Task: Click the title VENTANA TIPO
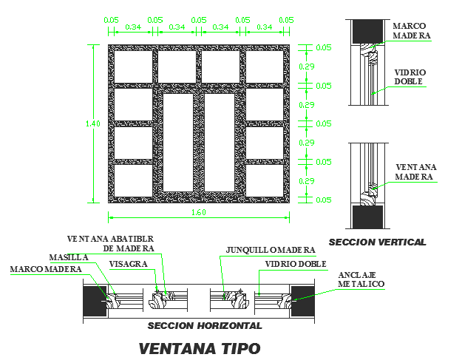coord(200,347)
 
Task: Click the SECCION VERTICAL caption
coord(377,242)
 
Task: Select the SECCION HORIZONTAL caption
coord(205,325)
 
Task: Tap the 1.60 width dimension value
coord(199,213)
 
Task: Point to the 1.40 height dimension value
coord(94,124)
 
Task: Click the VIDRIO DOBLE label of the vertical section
coord(409,77)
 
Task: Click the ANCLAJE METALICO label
coord(361,279)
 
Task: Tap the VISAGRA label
coord(126,264)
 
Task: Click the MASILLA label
coord(69,257)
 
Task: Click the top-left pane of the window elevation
coord(132,66)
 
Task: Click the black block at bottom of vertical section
coord(367,217)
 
